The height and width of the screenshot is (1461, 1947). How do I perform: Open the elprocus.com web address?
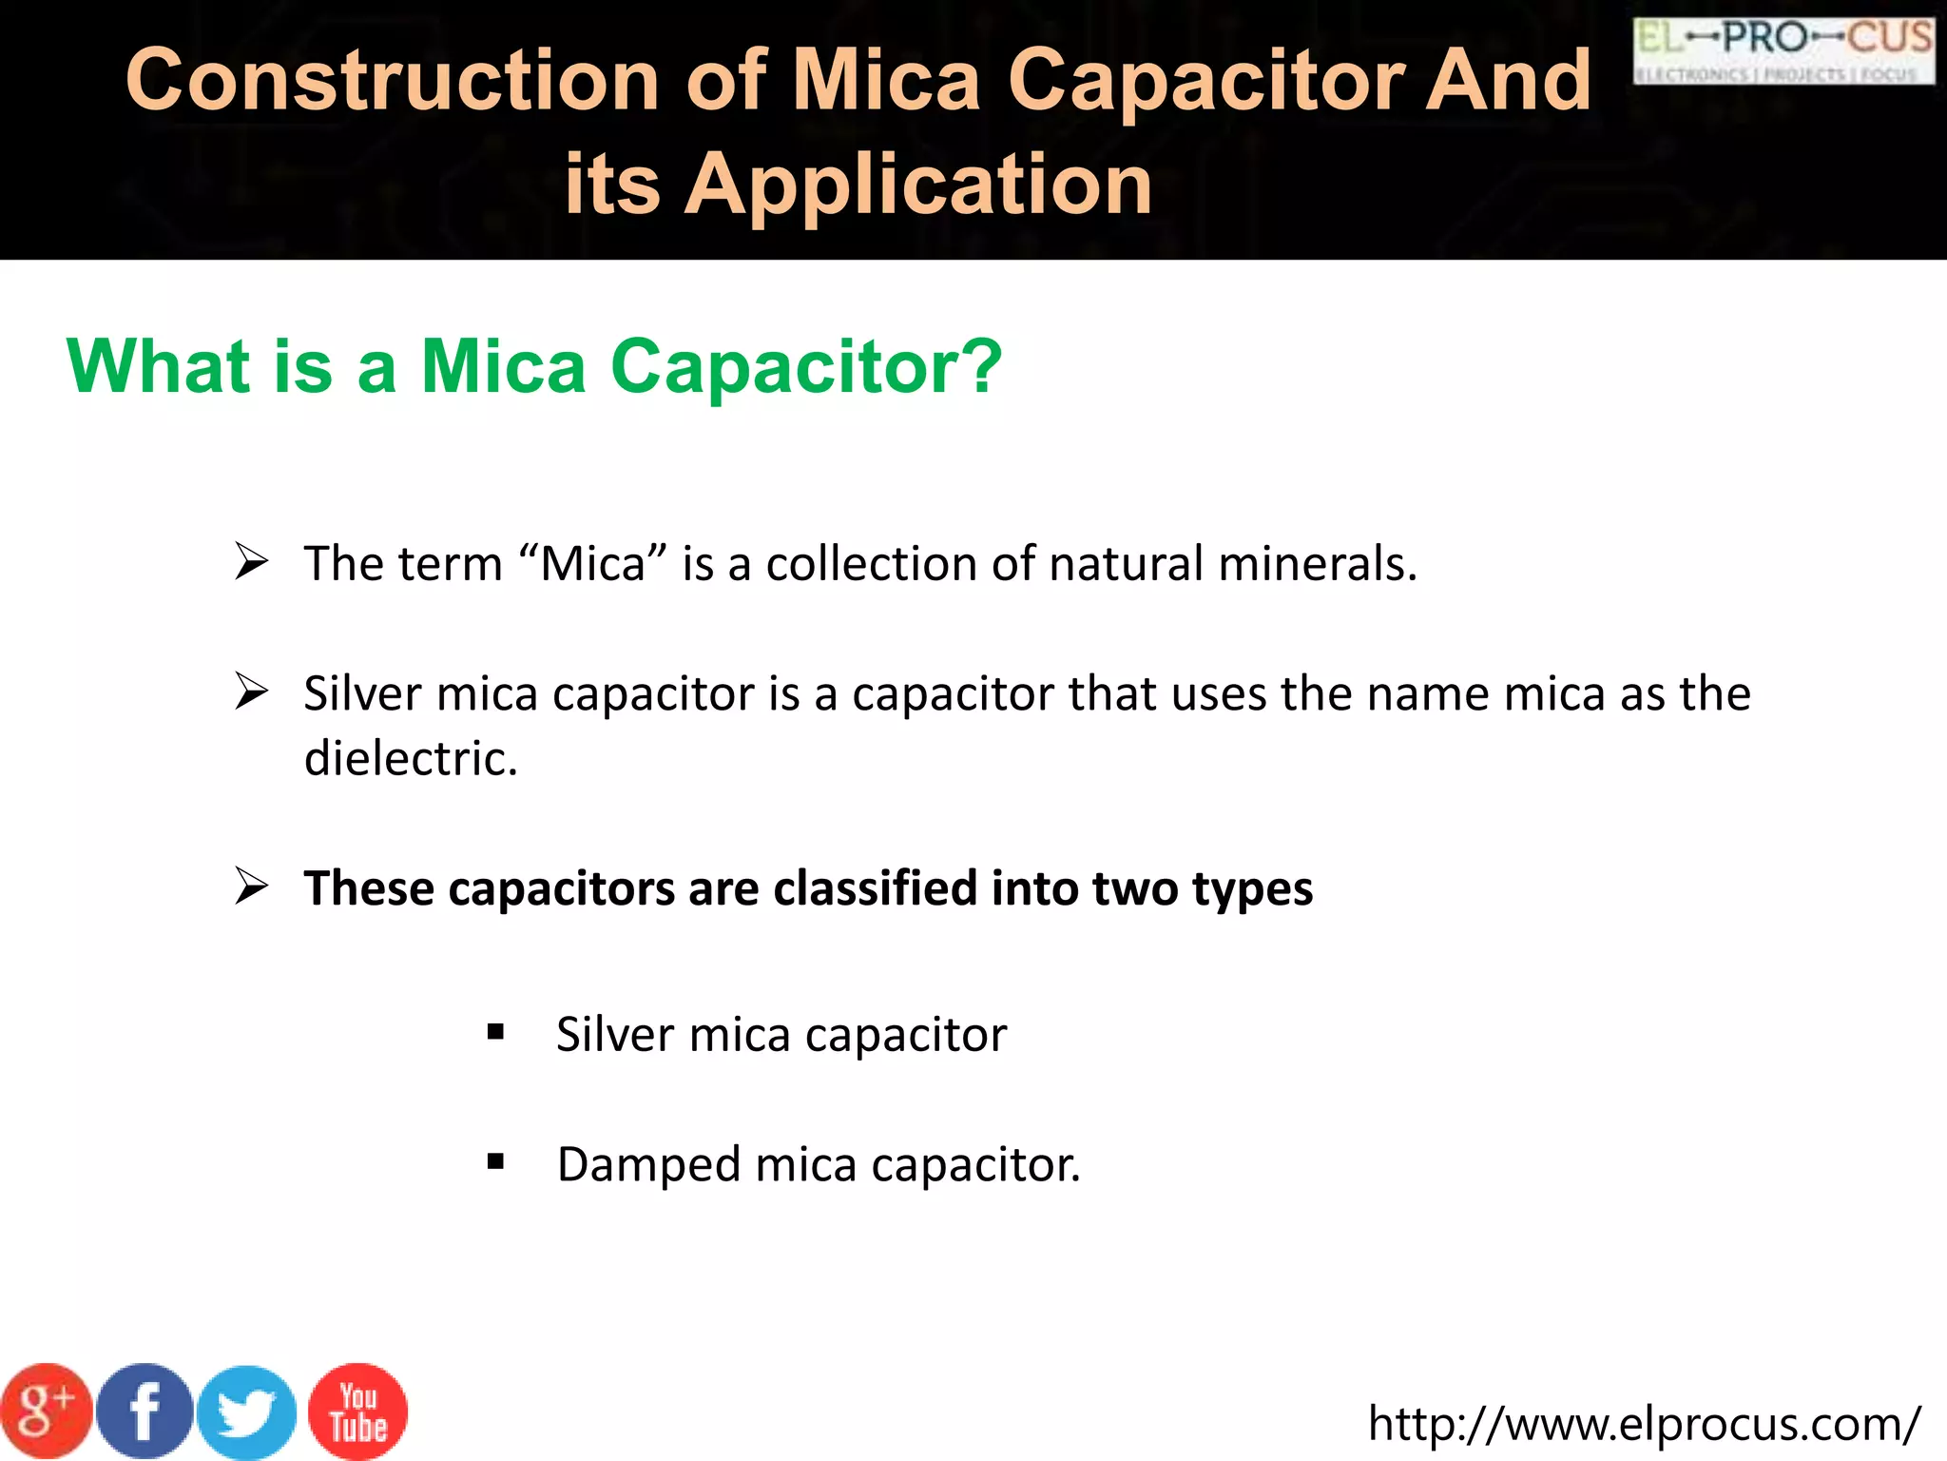[x=1644, y=1424]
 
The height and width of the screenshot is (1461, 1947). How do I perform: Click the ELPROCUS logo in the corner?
[x=1783, y=49]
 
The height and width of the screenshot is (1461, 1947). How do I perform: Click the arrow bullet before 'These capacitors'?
[x=252, y=886]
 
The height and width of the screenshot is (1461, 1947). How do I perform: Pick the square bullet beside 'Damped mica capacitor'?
[x=495, y=1161]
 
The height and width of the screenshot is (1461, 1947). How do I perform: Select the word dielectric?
[x=411, y=759]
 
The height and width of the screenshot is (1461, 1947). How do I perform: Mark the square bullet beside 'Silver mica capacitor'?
[x=495, y=1032]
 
